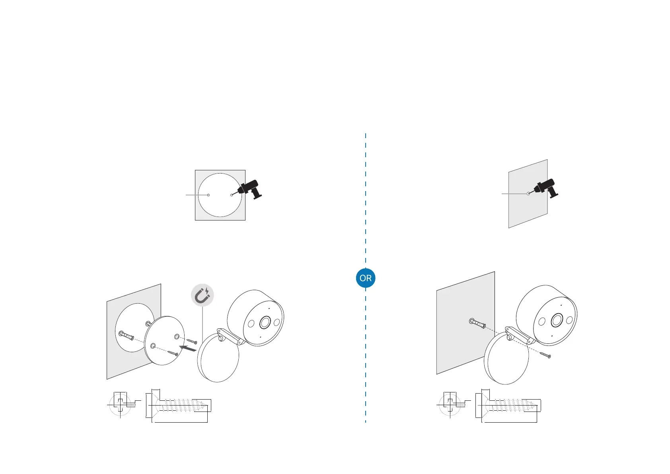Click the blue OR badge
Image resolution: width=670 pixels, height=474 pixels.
pyautogui.click(x=365, y=278)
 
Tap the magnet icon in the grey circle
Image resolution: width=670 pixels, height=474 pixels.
pyautogui.click(x=203, y=296)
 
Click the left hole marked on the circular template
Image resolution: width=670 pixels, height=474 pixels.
pyautogui.click(x=208, y=195)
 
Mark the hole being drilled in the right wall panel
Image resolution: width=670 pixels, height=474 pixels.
pyautogui.click(x=528, y=193)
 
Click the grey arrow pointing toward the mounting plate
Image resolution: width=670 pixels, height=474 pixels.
pyautogui.click(x=188, y=349)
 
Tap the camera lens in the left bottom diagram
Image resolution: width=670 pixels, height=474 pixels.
pyautogui.click(x=265, y=323)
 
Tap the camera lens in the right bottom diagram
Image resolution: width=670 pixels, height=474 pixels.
pyautogui.click(x=556, y=320)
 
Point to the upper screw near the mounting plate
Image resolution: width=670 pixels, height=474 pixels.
pyautogui.click(x=191, y=341)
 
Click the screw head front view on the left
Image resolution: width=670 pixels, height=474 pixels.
pyautogui.click(x=120, y=404)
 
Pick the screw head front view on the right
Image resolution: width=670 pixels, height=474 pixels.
pyautogui.click(x=450, y=404)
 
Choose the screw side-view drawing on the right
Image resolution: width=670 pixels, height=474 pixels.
pyautogui.click(x=509, y=405)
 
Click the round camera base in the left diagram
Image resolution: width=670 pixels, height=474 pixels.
pyautogui.click(x=218, y=357)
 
